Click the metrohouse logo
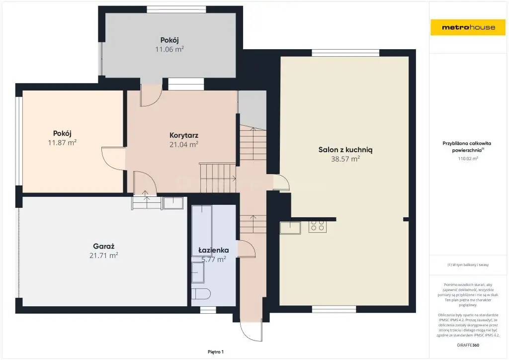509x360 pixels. click(x=468, y=27)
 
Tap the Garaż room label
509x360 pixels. click(x=103, y=247)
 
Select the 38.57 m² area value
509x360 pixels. click(x=345, y=159)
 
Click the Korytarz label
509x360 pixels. click(x=184, y=135)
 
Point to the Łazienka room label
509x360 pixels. click(x=214, y=250)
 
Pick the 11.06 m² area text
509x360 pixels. click(x=170, y=49)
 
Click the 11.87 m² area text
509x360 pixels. click(x=62, y=142)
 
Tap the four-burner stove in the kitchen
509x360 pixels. click(x=318, y=226)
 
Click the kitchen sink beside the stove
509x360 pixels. click(x=290, y=227)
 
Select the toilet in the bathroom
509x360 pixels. click(x=201, y=294)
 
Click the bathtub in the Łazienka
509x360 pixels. click(x=202, y=226)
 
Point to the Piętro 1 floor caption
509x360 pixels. click(x=216, y=352)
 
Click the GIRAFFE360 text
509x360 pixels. click(x=468, y=345)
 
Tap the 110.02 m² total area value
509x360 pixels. click(x=468, y=159)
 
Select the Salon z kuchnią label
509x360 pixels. click(x=345, y=150)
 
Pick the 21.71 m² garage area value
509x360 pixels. click(x=103, y=256)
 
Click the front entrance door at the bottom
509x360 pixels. click(x=251, y=331)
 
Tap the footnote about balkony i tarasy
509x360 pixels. click(x=468, y=265)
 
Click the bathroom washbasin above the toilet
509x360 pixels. click(x=198, y=272)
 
